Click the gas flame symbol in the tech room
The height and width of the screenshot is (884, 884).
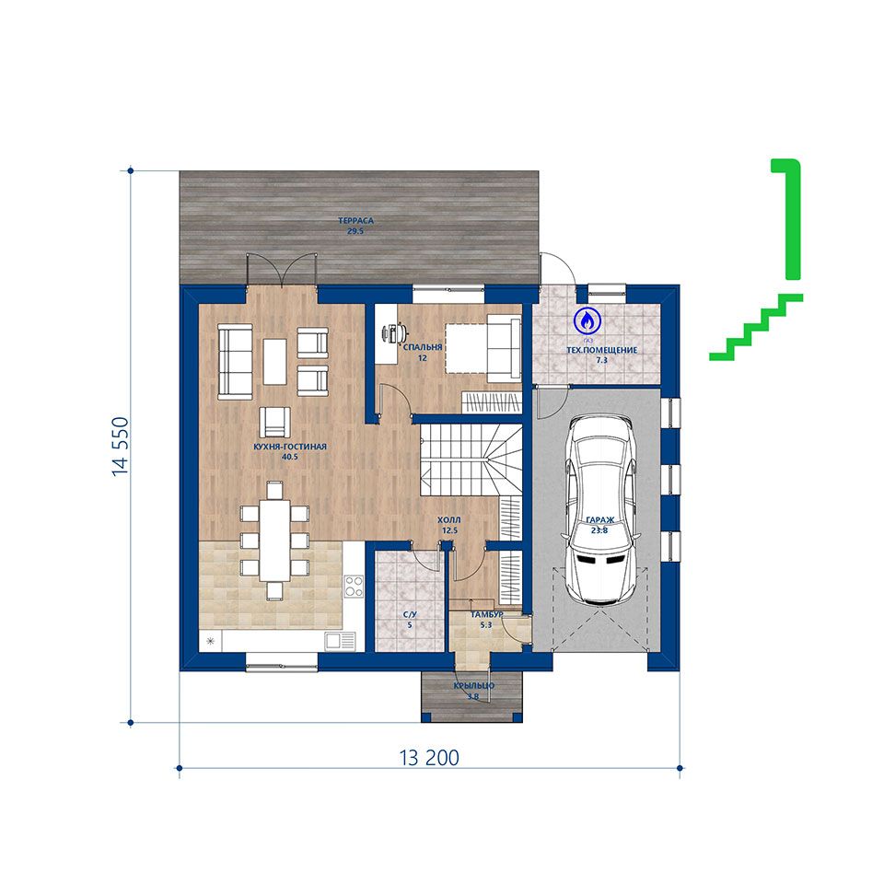tap(587, 320)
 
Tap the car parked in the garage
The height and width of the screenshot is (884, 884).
tap(601, 511)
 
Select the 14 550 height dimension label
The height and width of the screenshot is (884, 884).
tap(120, 447)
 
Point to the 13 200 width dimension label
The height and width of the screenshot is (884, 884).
tap(430, 758)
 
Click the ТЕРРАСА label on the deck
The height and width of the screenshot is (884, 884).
tap(355, 220)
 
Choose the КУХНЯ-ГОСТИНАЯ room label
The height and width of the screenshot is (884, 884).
tap(290, 447)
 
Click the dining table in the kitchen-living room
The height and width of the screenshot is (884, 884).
tap(274, 540)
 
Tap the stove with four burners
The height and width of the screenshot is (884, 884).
tap(354, 586)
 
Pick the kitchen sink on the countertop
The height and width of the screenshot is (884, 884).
tap(340, 641)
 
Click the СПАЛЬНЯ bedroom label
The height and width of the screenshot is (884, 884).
tap(423, 347)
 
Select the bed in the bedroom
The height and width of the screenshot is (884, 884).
tap(483, 348)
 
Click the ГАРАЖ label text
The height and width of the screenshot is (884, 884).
tap(599, 520)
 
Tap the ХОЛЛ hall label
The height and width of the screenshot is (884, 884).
tap(449, 519)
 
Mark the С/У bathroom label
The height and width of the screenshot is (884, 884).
tap(410, 615)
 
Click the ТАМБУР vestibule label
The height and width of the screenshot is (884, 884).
tap(486, 614)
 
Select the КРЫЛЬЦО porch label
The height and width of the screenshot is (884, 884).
tap(474, 685)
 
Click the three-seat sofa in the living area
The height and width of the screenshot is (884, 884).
tap(235, 362)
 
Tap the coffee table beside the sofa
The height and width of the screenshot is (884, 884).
tap(274, 361)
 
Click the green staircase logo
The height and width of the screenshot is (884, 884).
tap(756, 260)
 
